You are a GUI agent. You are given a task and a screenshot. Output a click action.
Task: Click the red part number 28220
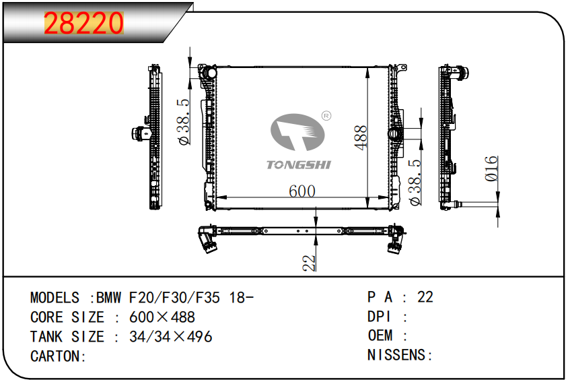(x=83, y=23)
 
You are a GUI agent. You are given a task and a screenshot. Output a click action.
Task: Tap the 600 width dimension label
(x=301, y=191)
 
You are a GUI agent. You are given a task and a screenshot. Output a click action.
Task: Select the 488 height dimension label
(x=361, y=137)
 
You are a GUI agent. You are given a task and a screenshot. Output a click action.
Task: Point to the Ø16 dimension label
(x=491, y=168)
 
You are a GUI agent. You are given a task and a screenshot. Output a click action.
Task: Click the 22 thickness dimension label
(x=309, y=263)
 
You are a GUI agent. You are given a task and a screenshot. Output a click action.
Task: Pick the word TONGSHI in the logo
(x=299, y=165)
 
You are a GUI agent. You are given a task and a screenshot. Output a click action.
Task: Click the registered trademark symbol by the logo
(x=326, y=116)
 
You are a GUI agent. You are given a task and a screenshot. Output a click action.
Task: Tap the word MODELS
(x=55, y=298)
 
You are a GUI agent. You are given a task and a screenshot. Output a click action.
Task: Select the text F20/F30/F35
(x=174, y=298)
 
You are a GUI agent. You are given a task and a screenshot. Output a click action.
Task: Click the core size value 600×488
(x=162, y=317)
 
